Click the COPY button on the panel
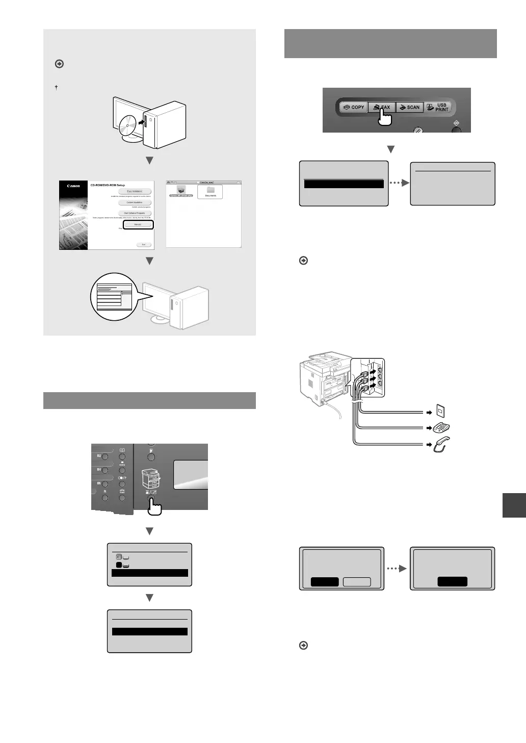pyautogui.click(x=353, y=107)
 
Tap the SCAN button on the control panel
pyautogui.click(x=410, y=107)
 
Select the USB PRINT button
pyautogui.click(x=438, y=107)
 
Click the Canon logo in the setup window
pyautogui.click(x=73, y=186)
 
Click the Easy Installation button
pyautogui.click(x=135, y=191)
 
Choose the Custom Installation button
pyautogui.click(x=135, y=202)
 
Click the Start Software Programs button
pyautogui.click(x=135, y=213)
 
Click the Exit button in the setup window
pyautogui.click(x=144, y=245)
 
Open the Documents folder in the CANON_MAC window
pyautogui.click(x=211, y=191)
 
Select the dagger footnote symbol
pyautogui.click(x=56, y=88)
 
